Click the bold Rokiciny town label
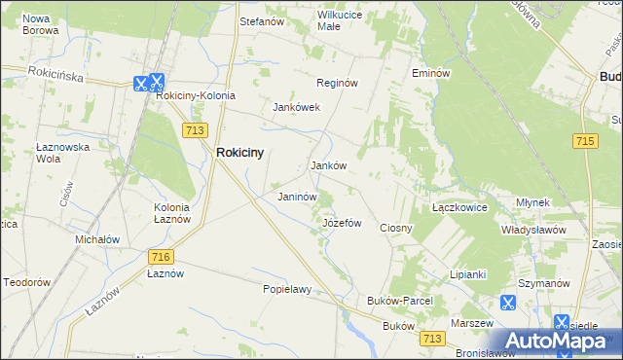tap(239, 152)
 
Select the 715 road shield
tap(584, 142)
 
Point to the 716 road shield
tap(161, 256)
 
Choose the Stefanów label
tap(261, 19)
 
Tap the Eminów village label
tap(430, 73)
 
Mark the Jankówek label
tap(296, 107)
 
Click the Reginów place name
tap(338, 84)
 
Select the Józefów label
tap(342, 223)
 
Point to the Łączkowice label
tap(459, 208)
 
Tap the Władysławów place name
tap(533, 230)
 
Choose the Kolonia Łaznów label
tap(178, 213)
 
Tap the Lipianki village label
tap(467, 274)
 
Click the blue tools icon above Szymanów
tap(507, 303)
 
